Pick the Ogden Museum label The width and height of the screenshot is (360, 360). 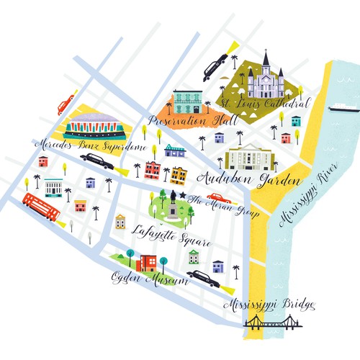[x=149, y=277]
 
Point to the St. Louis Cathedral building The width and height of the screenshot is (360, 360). [x=266, y=78]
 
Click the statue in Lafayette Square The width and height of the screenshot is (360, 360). [x=174, y=206]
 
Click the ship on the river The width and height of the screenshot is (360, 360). [x=343, y=109]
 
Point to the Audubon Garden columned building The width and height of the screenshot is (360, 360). [x=248, y=156]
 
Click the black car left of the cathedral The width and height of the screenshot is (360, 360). [x=215, y=66]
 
